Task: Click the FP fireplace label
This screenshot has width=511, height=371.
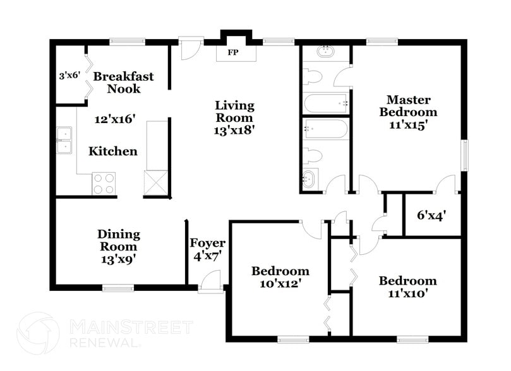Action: [233, 52]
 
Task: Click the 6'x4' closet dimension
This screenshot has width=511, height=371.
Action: [432, 215]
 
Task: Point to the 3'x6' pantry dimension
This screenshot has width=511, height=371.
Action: [69, 75]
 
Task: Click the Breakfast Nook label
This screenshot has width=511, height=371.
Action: [123, 83]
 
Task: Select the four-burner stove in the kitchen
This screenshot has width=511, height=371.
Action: [104, 184]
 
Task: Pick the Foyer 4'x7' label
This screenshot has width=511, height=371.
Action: [207, 249]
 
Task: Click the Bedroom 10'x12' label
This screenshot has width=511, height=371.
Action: [280, 278]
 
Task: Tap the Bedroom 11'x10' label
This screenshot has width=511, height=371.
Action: [407, 287]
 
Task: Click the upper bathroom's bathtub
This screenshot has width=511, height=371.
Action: [326, 103]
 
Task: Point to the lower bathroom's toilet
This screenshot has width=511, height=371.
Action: [313, 155]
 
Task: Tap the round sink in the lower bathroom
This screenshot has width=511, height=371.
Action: [310, 179]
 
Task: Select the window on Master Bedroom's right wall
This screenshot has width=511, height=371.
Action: [466, 155]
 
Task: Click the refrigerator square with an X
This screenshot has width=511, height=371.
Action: [157, 184]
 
